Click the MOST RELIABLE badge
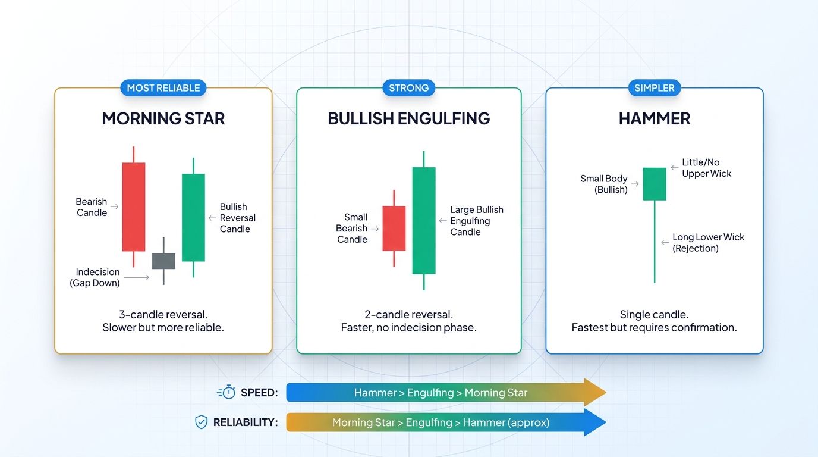pyautogui.click(x=163, y=88)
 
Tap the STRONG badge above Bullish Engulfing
pyautogui.click(x=408, y=88)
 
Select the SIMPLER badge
pyautogui.click(x=654, y=88)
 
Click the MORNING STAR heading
pyautogui.click(x=163, y=118)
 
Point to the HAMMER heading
pyautogui.click(x=654, y=118)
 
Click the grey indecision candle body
pyautogui.click(x=163, y=261)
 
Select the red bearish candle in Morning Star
pyautogui.click(x=134, y=206)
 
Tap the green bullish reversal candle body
pyautogui.click(x=193, y=217)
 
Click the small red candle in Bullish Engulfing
pyautogui.click(x=394, y=228)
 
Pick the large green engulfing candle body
pyautogui.click(x=424, y=220)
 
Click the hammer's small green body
pyautogui.click(x=655, y=184)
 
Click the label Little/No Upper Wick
pyautogui.click(x=706, y=168)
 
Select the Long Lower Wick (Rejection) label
pyautogui.click(x=708, y=242)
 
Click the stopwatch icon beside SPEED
pyautogui.click(x=226, y=392)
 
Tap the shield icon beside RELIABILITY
pyautogui.click(x=202, y=422)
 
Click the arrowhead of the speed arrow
pyautogui.click(x=594, y=392)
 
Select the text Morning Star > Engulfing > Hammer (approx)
pyautogui.click(x=441, y=422)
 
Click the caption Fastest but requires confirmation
pyautogui.click(x=654, y=327)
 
